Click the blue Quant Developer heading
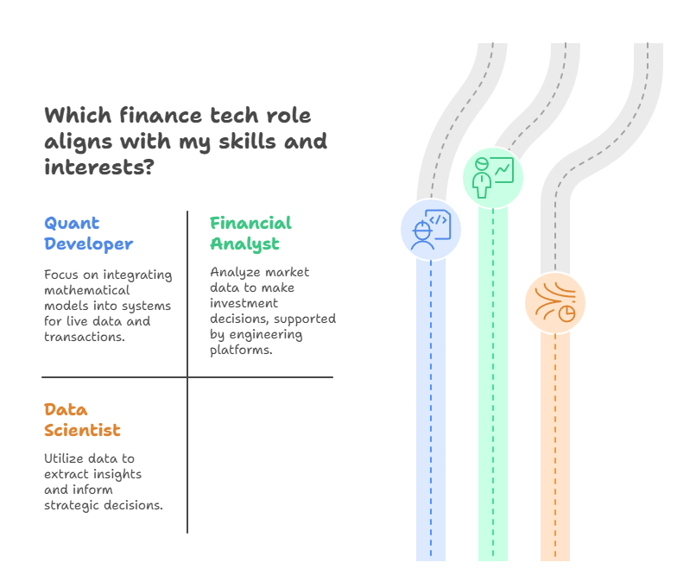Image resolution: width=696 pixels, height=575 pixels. pyautogui.click(x=88, y=233)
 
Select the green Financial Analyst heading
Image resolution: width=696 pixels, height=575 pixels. pyautogui.click(x=250, y=233)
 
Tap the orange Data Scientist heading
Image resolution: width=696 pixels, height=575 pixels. pyautogui.click(x=82, y=420)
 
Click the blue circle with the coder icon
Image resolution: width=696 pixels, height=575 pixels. pyautogui.click(x=431, y=230)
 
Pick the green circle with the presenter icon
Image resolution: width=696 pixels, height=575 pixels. pyautogui.click(x=493, y=178)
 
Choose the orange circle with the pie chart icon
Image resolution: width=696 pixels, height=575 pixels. pyautogui.click(x=555, y=303)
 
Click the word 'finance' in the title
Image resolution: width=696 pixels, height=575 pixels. pyautogui.click(x=161, y=116)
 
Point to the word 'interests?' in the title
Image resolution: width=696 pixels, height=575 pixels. pyautogui.click(x=99, y=167)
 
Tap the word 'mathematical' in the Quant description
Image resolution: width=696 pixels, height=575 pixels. pyautogui.click(x=87, y=291)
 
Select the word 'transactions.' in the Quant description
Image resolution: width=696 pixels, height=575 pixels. pyautogui.click(x=85, y=338)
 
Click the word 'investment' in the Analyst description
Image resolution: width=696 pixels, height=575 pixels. pyautogui.click(x=244, y=304)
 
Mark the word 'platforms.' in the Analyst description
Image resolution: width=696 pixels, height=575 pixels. pyautogui.click(x=241, y=351)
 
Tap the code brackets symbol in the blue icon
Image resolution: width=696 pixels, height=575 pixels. pyautogui.click(x=438, y=220)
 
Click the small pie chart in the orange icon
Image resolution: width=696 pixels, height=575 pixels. pyautogui.click(x=566, y=313)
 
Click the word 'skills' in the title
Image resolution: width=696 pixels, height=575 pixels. pyautogui.click(x=247, y=141)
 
